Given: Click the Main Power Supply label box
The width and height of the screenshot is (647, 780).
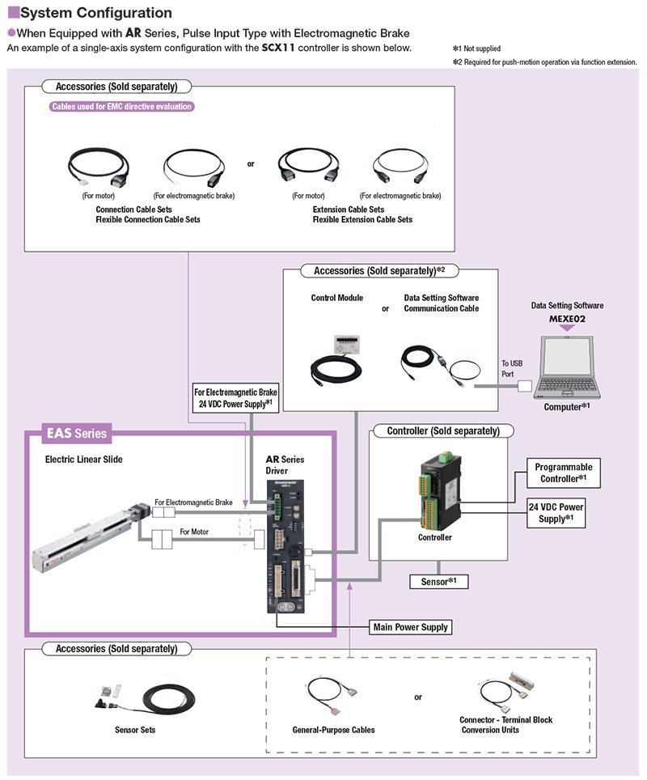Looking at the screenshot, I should pos(410,627).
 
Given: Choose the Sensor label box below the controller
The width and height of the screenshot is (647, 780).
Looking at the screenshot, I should pos(439,582).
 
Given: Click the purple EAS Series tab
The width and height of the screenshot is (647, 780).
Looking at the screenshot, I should pos(74,434).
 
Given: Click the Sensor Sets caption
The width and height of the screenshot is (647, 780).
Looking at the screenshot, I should pos(135,729).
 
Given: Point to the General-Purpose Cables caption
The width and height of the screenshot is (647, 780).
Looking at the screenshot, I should pos(333,730).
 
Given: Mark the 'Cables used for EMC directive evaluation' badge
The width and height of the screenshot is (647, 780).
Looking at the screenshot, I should pos(122,106).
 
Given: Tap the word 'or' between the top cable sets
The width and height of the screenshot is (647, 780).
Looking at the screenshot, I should pos(251,163).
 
